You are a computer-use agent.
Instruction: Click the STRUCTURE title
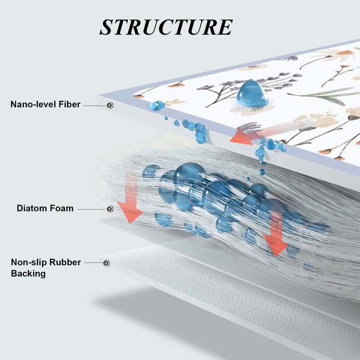(166, 27)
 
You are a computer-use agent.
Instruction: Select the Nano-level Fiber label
(45, 104)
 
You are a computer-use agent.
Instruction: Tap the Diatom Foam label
(45, 208)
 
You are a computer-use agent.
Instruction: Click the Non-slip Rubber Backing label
(46, 268)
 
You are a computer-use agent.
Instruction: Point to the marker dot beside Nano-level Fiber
(110, 105)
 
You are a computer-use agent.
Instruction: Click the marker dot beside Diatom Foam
(110, 209)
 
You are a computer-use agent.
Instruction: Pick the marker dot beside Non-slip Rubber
(106, 263)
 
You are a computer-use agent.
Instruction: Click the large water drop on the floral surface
(252, 94)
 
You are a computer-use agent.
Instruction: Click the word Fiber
(69, 104)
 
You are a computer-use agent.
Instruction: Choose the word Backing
(28, 274)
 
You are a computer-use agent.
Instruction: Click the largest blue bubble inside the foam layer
(189, 175)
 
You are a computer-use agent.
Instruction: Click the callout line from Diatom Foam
(92, 209)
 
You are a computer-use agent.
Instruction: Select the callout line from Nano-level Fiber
(94, 106)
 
